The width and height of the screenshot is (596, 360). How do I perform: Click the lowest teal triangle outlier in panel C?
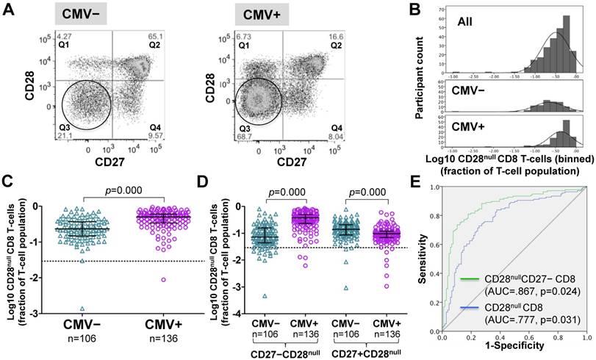[82, 309]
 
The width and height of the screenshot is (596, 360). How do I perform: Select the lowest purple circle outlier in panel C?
[163, 279]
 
